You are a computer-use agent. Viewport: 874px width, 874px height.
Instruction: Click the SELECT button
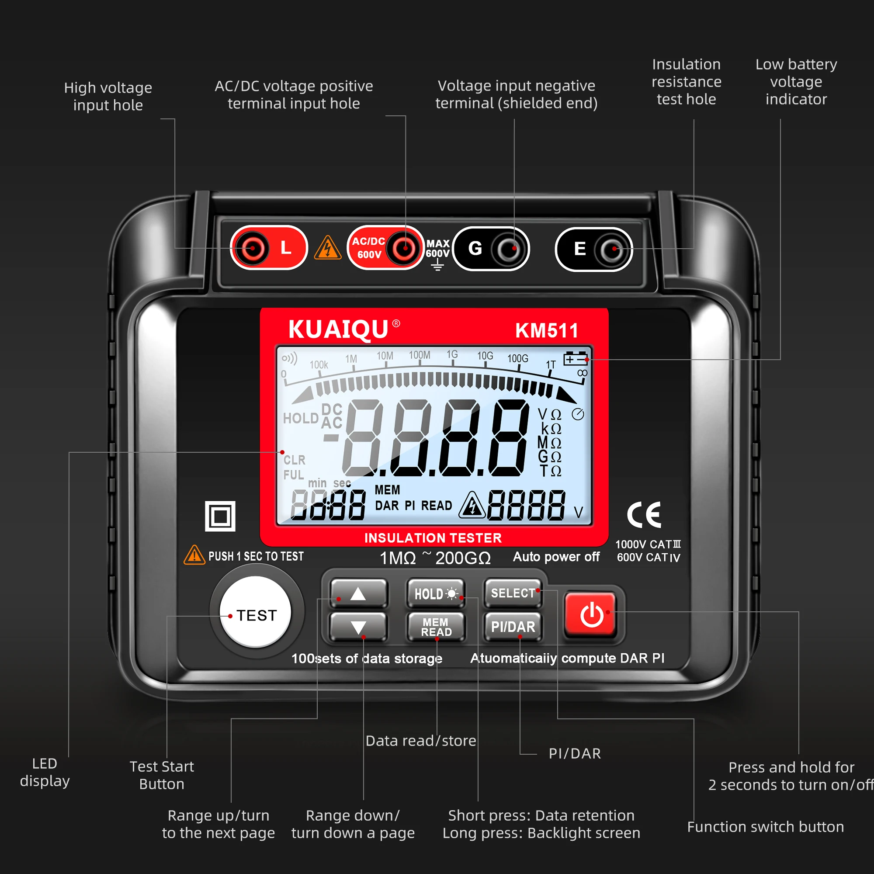point(513,593)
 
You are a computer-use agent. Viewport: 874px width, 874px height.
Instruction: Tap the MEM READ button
point(436,627)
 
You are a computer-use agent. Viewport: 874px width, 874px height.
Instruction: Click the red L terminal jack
point(253,248)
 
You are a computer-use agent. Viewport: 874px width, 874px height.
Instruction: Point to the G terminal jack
point(509,249)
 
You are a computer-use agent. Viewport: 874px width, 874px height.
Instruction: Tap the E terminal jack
point(611,249)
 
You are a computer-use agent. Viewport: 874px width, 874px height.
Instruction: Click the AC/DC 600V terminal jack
point(404,248)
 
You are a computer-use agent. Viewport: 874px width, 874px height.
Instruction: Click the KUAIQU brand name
point(338,329)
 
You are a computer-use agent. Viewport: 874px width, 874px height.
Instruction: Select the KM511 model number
point(547,331)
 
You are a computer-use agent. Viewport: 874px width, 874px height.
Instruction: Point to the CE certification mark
point(644,515)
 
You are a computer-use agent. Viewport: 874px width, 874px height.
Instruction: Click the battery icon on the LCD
point(576,359)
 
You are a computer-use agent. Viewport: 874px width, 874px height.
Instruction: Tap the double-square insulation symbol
point(220,516)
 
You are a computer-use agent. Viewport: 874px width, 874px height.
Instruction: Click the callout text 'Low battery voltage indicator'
point(796,82)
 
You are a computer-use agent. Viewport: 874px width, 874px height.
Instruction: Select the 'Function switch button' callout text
point(766,826)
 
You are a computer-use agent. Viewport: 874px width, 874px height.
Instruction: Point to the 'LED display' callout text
point(45,772)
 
